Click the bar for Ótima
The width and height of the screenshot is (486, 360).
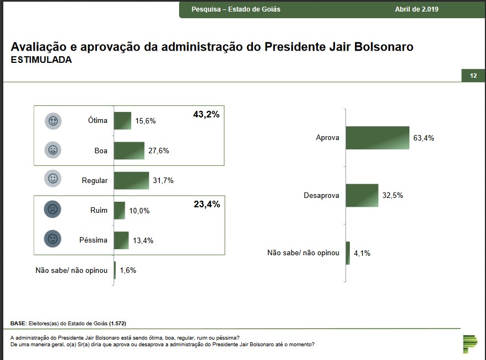122,121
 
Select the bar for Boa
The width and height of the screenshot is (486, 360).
129,151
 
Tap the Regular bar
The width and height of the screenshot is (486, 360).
131,180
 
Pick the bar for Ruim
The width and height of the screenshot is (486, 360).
120,210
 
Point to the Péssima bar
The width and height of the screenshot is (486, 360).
121,240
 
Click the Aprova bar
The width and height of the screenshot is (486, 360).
377,138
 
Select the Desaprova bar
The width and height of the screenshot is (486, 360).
362,195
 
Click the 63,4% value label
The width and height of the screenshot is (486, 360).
424,138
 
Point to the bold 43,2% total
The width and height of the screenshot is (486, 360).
207,115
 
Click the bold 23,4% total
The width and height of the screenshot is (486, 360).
207,204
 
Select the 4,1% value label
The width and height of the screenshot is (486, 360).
361,254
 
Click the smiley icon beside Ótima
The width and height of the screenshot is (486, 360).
53,121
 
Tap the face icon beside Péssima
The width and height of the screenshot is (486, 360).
53,240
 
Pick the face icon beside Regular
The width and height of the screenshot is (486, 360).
53,179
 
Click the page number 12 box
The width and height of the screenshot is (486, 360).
473,76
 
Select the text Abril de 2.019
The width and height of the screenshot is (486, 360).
417,9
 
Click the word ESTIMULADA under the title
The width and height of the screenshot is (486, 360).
41,60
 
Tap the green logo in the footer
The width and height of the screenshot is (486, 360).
470,343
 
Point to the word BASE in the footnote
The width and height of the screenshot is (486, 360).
18,323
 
